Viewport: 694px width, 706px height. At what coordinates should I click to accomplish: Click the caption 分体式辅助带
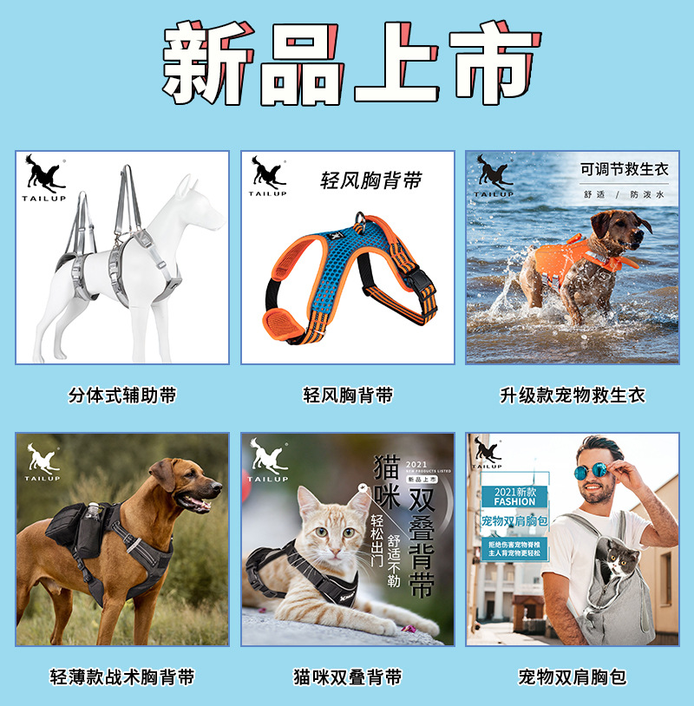click(122, 395)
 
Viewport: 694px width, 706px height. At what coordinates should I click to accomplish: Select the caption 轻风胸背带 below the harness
click(348, 395)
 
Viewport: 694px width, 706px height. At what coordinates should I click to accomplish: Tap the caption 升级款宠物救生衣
click(573, 395)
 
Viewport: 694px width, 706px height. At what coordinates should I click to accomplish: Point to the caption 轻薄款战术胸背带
click(122, 677)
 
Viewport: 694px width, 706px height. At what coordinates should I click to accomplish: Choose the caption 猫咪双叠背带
click(348, 677)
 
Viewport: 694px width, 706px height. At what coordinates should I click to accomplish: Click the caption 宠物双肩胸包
click(573, 677)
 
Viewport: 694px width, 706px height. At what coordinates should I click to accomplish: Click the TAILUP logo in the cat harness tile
click(268, 461)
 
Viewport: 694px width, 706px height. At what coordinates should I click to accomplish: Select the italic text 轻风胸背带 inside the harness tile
click(370, 180)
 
